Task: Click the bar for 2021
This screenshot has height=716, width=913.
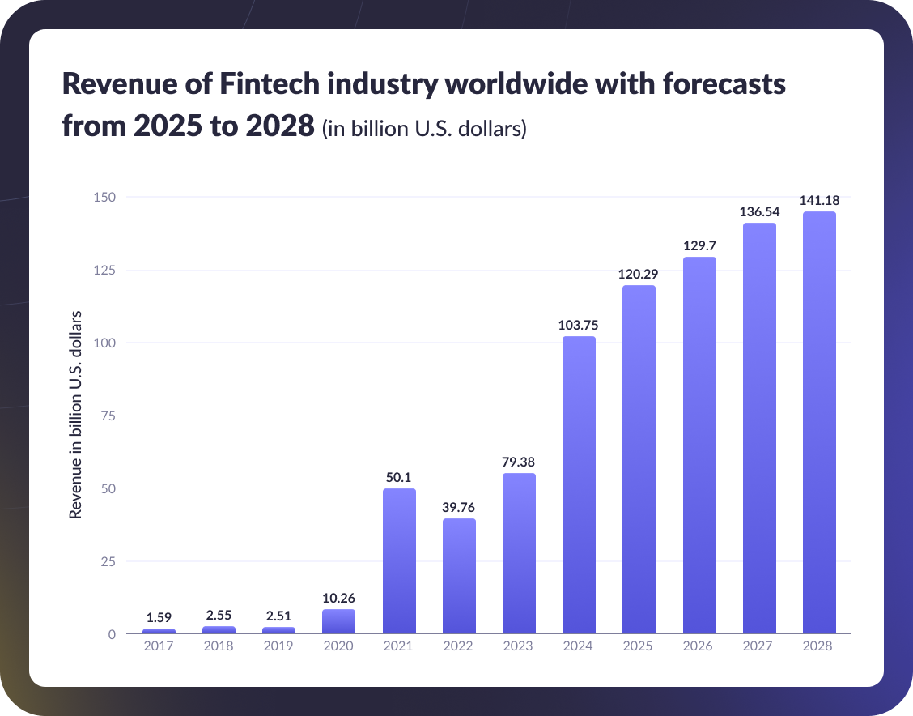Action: coord(399,560)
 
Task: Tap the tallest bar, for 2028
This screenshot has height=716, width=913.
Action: coord(818,422)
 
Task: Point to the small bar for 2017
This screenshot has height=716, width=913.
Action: coord(159,630)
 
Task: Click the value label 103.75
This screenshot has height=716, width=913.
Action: coord(579,325)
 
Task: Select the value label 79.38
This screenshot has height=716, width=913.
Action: coord(519,462)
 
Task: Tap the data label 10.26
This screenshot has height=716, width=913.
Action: coord(338,599)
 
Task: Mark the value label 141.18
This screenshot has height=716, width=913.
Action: coord(818,200)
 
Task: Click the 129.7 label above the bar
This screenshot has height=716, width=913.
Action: coord(699,245)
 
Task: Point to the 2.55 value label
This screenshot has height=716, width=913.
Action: coord(219,616)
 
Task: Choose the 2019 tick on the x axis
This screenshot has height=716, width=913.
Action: coord(278,646)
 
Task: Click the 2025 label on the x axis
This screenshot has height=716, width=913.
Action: coord(639,646)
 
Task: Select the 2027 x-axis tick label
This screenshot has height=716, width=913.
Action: coord(758,646)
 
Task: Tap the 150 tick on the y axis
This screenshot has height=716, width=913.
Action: coord(105,198)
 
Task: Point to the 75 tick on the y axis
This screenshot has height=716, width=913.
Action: coord(108,416)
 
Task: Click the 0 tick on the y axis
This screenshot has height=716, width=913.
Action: coord(112,634)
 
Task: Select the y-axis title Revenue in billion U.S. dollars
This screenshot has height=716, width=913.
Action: coord(76,414)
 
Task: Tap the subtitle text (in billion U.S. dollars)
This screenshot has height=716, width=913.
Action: coord(424,129)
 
